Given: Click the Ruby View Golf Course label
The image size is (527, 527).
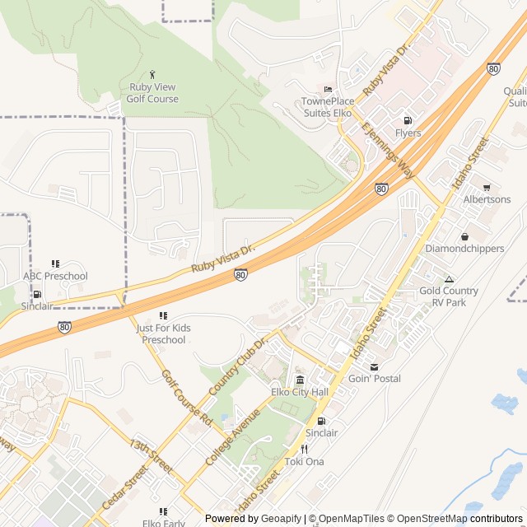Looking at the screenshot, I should [x=152, y=93].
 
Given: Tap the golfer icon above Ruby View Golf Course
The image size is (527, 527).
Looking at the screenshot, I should [x=152, y=75].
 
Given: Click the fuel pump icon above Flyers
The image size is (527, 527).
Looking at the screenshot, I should [x=408, y=120].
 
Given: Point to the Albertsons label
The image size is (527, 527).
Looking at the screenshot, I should [x=487, y=199].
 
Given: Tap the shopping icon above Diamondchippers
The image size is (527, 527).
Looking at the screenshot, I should [x=464, y=236].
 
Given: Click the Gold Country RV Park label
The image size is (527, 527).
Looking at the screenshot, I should [x=449, y=296].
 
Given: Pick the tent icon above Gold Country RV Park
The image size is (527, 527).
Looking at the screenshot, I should [x=449, y=279].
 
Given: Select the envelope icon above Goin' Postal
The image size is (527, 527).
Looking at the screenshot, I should [x=375, y=366].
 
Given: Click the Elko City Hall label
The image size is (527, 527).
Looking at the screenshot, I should [x=299, y=392].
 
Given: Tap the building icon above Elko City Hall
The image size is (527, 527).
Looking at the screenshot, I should [x=299, y=380].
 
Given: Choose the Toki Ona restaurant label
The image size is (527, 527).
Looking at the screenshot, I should [x=304, y=461].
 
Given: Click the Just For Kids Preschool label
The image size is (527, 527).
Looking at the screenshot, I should [x=163, y=333].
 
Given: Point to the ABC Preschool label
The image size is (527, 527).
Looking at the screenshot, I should [x=55, y=276].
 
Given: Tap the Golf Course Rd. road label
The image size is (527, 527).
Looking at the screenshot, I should [x=187, y=399].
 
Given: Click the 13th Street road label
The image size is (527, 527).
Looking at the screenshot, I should [x=150, y=455].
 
